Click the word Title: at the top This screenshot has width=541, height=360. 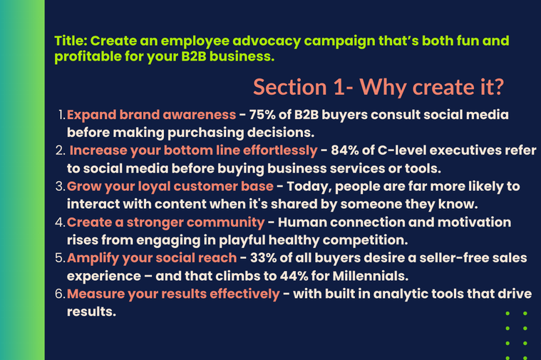pyautogui.click(x=71, y=41)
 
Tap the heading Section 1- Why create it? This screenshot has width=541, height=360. pyautogui.click(x=378, y=87)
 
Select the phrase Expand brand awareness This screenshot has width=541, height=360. pyautogui.click(x=152, y=115)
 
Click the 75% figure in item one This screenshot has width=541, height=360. pyautogui.click(x=262, y=115)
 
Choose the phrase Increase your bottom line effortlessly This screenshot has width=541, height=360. pyautogui.click(x=193, y=151)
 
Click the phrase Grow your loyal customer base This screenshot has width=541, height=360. pyautogui.click(x=170, y=187)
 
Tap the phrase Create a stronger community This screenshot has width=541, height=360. pyautogui.click(x=165, y=222)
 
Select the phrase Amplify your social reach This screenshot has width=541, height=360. pyautogui.click(x=152, y=258)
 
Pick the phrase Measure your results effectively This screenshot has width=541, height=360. pyautogui.click(x=173, y=294)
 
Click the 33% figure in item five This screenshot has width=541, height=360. pyautogui.click(x=263, y=258)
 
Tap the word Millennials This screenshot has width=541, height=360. pyautogui.click(x=371, y=276)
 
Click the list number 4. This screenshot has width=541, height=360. pyautogui.click(x=60, y=222)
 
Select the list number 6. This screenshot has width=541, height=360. pyautogui.click(x=60, y=294)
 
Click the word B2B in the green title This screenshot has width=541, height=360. pyautogui.click(x=194, y=56)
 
